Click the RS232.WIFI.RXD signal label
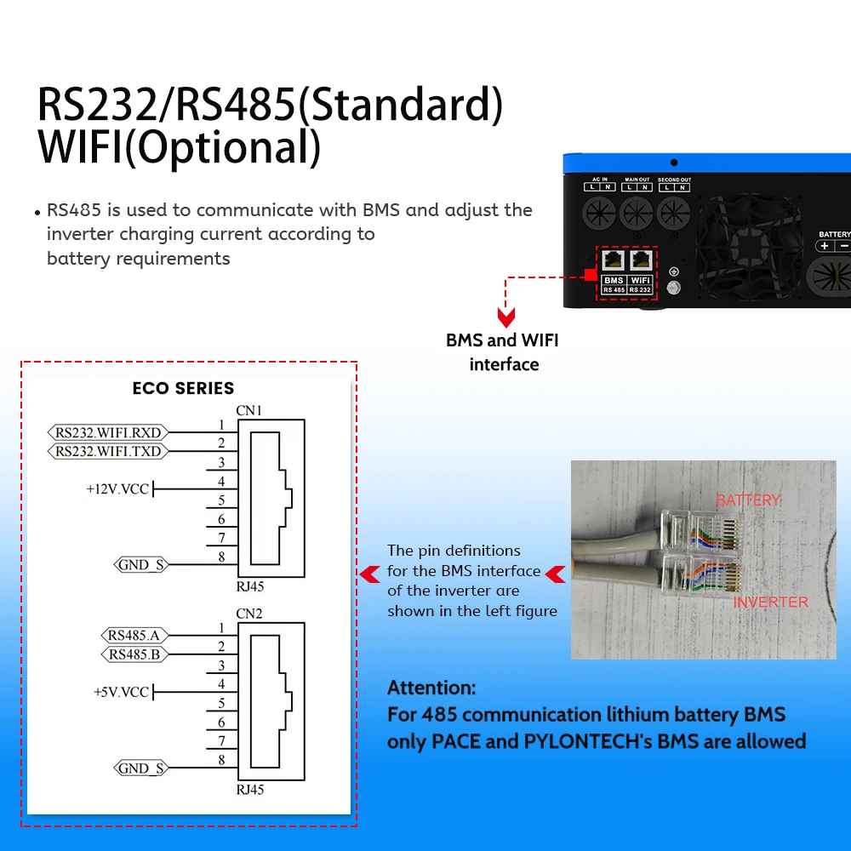pos(108,432)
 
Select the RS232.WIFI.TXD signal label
pos(108,451)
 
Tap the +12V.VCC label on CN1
pos(118,489)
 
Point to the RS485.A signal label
pos(134,635)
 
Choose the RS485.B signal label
pos(134,654)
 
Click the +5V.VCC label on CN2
pos(122,692)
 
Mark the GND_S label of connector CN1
pos(140,564)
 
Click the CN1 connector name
pos(249,411)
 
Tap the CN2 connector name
pos(249,614)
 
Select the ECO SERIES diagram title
pos(183,389)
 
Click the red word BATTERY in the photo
pos(748,500)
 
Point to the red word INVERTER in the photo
pos(770,603)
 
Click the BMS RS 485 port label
pos(614,285)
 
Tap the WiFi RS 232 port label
pos(640,285)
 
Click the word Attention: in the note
pos(431,688)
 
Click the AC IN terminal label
pos(600,180)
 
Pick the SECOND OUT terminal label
pos(673,180)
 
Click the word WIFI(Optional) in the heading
pos(180,146)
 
